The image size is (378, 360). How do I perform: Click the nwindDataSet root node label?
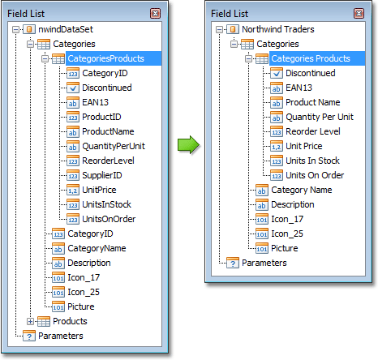(x=66, y=29)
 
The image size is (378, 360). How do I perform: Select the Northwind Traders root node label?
(x=278, y=29)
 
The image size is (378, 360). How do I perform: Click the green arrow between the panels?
(x=188, y=145)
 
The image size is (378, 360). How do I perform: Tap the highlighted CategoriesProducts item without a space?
(x=105, y=58)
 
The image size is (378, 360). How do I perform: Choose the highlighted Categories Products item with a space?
(x=311, y=58)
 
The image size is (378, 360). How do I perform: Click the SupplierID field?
(x=102, y=175)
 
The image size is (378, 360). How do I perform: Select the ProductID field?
(x=101, y=117)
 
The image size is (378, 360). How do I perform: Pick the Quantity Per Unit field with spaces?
(x=320, y=117)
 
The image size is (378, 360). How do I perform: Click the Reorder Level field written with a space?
(x=313, y=131)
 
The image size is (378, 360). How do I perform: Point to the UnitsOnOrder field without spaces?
(x=109, y=219)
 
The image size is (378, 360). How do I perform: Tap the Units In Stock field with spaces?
(x=312, y=161)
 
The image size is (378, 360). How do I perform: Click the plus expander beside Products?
(x=30, y=321)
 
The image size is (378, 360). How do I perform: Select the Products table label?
(x=70, y=321)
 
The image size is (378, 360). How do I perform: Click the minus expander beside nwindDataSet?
(x=16, y=29)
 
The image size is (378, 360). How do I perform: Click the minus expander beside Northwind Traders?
(x=220, y=29)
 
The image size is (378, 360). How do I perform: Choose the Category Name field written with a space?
(x=302, y=190)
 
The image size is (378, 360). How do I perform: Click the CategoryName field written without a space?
(x=97, y=248)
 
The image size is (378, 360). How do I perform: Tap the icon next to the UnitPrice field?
(x=73, y=190)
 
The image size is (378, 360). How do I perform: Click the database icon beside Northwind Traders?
(x=233, y=29)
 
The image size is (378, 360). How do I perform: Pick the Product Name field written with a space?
(x=313, y=102)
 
